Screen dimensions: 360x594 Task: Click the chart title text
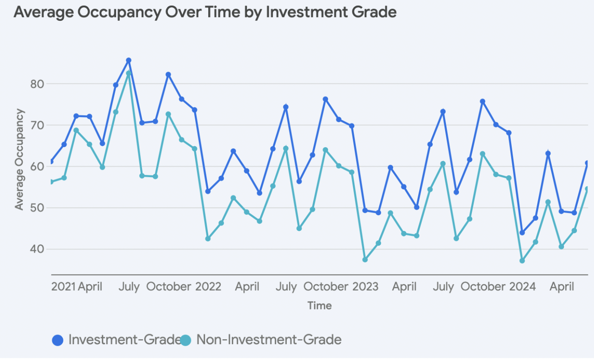pos(205,12)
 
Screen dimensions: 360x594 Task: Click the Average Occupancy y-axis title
pos(19,159)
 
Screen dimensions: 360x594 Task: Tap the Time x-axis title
pos(319,305)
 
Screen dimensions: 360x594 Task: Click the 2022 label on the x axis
pos(208,287)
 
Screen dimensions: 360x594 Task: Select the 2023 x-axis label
pos(365,287)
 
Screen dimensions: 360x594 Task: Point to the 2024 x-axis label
pos(522,287)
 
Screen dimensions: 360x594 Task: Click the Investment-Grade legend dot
pos(58,341)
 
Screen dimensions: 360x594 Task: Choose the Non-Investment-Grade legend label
pos(269,340)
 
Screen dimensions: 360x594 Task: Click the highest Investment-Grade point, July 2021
pos(129,61)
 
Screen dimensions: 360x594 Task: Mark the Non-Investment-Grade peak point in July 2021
pos(129,74)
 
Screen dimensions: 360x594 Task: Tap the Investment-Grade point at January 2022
pos(208,191)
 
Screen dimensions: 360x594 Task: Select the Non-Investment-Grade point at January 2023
pos(365,260)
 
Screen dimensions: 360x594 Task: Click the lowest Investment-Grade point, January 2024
pos(522,233)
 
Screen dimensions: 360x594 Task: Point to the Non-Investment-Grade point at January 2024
pos(522,261)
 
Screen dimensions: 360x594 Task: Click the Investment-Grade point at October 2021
pos(168,74)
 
